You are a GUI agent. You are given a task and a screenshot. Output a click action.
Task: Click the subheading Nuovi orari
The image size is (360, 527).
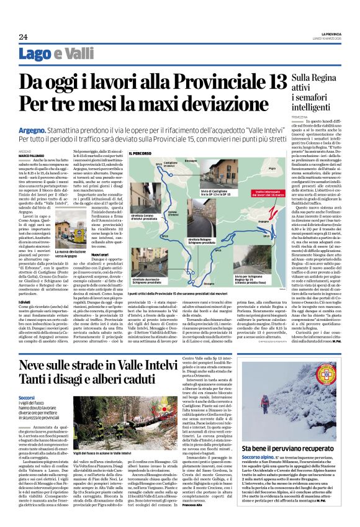coord(83,255)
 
